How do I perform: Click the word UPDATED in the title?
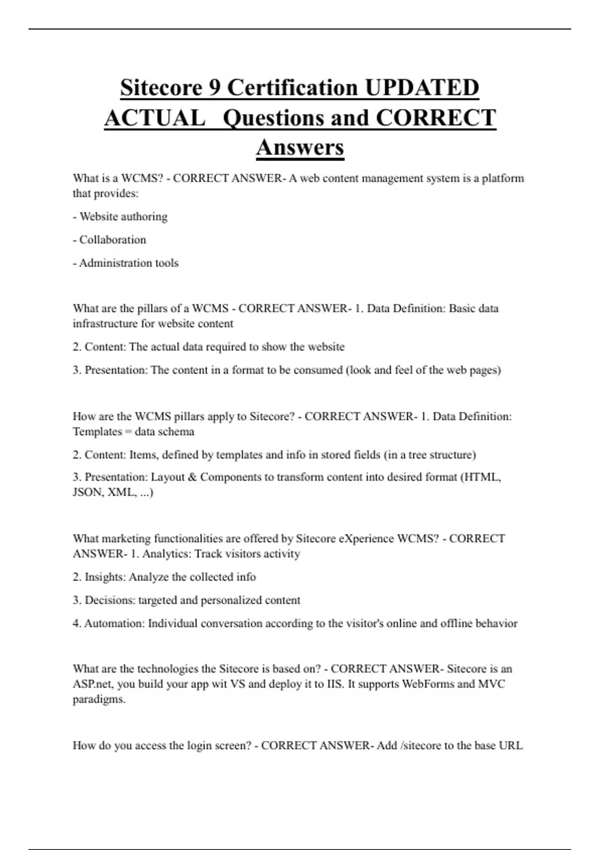(421, 88)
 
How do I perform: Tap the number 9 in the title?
(213, 88)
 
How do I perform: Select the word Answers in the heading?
(300, 147)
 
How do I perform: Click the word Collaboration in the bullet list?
(112, 240)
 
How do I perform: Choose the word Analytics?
(165, 554)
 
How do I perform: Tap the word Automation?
(114, 623)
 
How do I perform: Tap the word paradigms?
(98, 699)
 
